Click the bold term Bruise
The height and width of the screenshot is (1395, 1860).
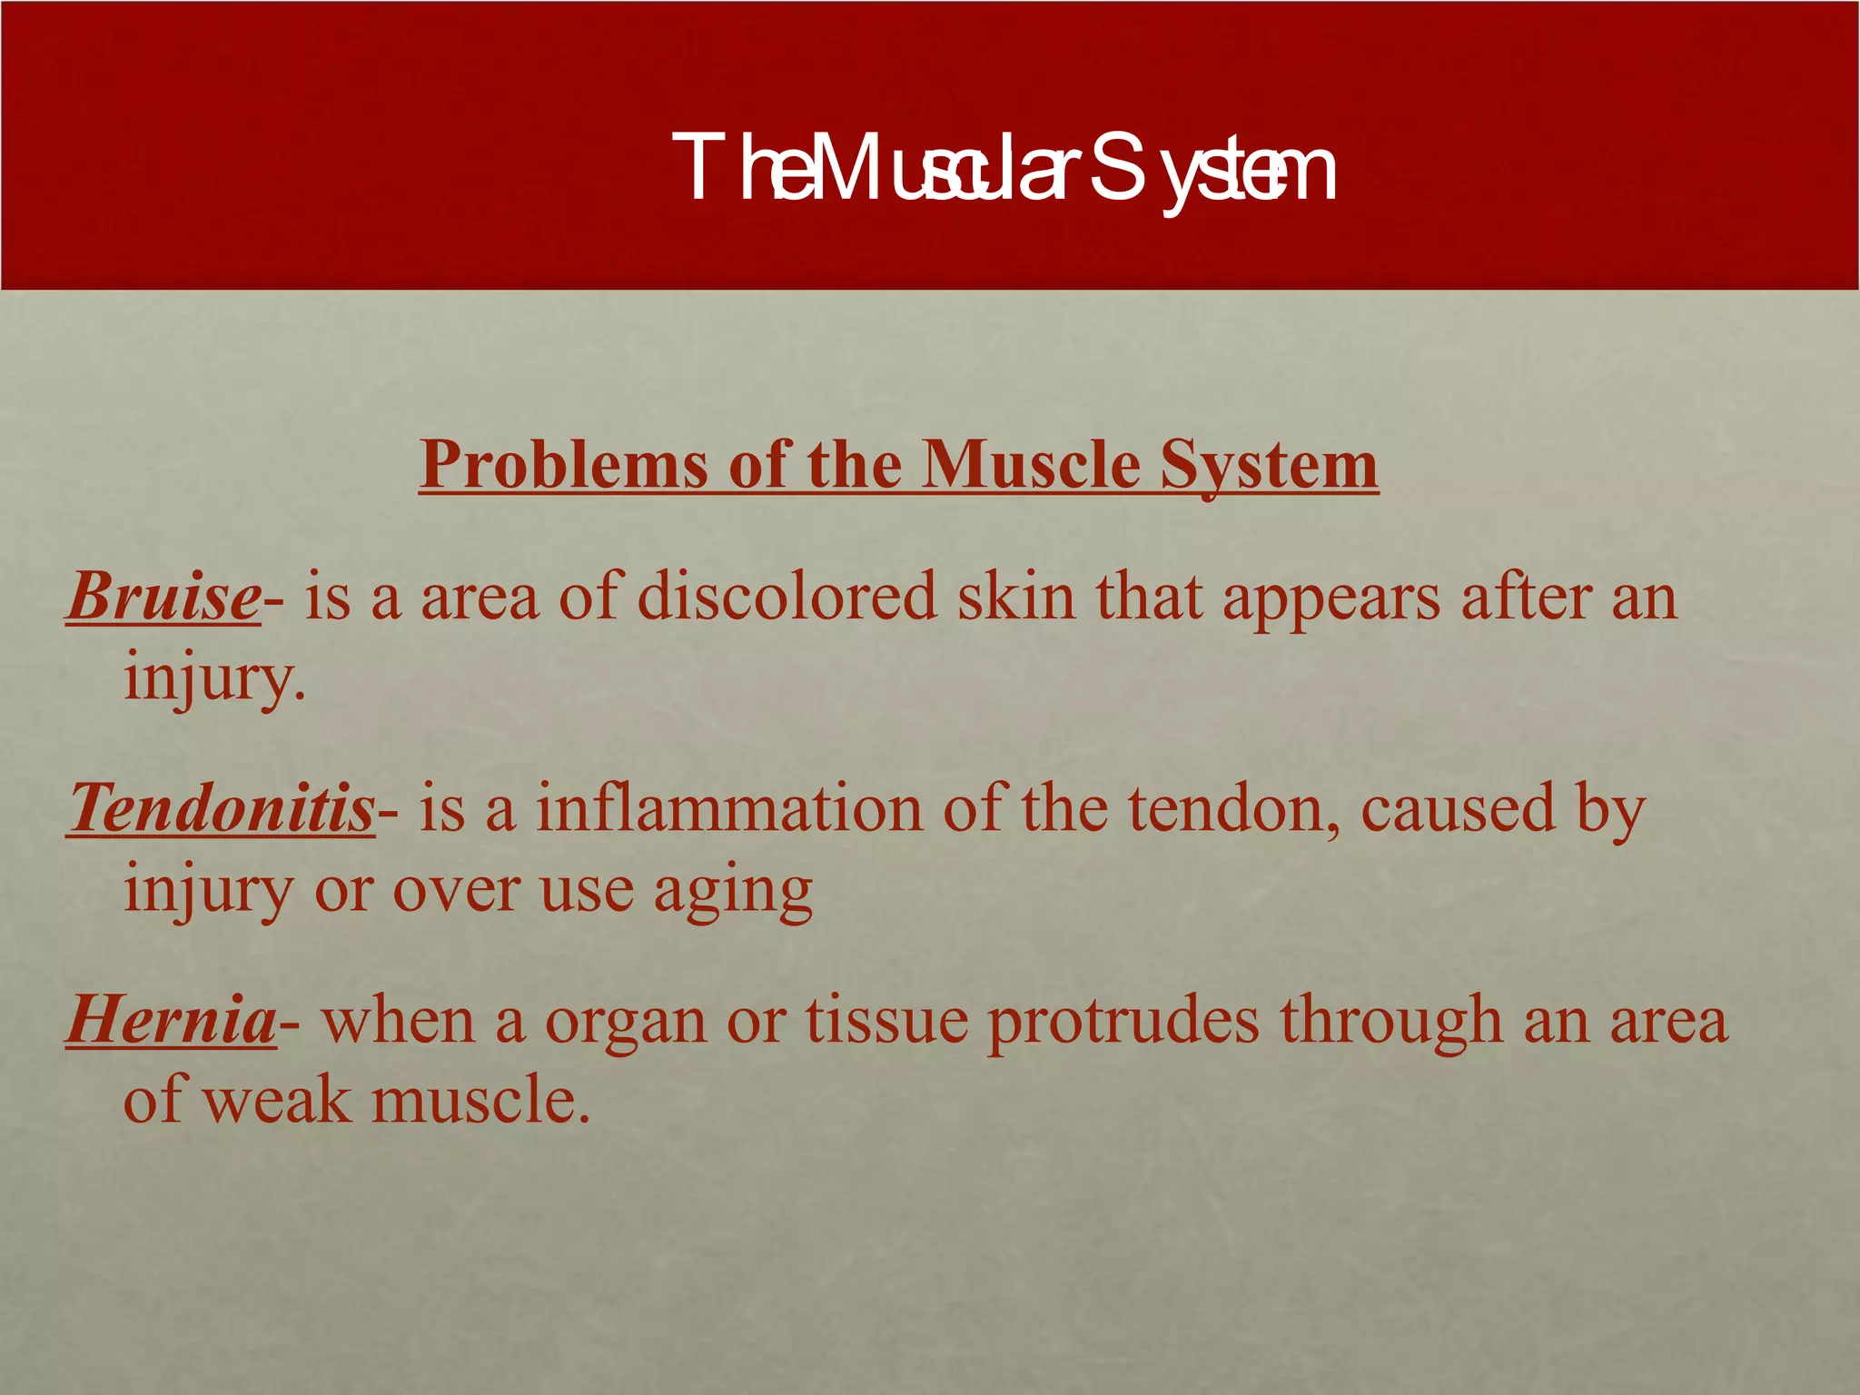click(163, 598)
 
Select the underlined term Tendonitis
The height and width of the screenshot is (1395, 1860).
click(222, 808)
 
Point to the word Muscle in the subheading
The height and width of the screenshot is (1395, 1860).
click(1030, 465)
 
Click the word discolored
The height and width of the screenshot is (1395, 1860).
click(787, 598)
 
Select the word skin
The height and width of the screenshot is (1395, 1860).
click(1015, 598)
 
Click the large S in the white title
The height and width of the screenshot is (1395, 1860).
click(1114, 168)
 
